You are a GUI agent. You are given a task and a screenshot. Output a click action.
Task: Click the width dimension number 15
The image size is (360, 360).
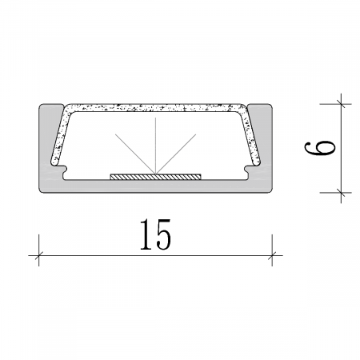pyautogui.click(x=155, y=234)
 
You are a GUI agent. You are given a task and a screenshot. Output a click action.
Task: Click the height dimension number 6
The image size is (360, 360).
pyautogui.click(x=319, y=148)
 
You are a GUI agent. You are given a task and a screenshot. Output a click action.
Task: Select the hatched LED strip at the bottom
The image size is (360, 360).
pyautogui.click(x=155, y=177)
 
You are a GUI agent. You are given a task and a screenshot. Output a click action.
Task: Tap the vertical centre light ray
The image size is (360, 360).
pyautogui.click(x=156, y=146)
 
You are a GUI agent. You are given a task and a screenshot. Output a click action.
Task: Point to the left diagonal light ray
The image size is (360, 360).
pyautogui.click(x=135, y=154)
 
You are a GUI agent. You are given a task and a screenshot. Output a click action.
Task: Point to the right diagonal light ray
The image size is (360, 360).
pyautogui.click(x=176, y=154)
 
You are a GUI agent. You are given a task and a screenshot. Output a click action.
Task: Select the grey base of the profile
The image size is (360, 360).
pyautogui.click(x=155, y=186)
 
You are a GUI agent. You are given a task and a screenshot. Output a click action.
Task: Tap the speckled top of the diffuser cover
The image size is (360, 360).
pyautogui.click(x=155, y=107)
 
